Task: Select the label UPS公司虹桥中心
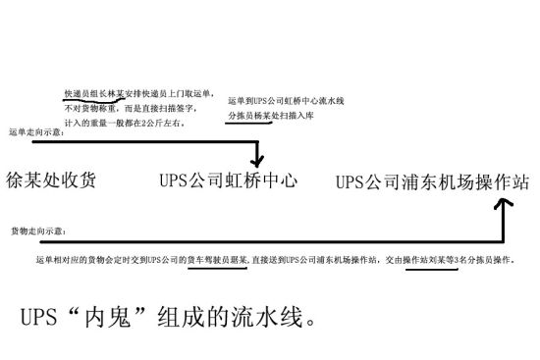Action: (x=229, y=181)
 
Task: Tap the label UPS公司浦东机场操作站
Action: (x=433, y=182)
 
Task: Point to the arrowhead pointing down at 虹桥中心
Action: (x=258, y=160)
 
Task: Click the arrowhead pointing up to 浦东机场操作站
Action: (x=504, y=204)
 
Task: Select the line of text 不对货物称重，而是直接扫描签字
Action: (x=123, y=109)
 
